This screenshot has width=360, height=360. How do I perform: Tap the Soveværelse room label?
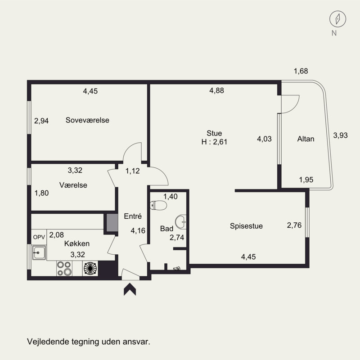[x=87, y=120]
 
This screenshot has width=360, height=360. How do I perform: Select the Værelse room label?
[x=73, y=185]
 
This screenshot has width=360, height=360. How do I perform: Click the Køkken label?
[x=77, y=243]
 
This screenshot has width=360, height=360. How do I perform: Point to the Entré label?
[x=132, y=216]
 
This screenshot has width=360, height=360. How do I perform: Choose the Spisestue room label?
[x=246, y=226]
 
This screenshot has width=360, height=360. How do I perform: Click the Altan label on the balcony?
[x=306, y=139]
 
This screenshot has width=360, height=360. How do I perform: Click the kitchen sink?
[x=39, y=253]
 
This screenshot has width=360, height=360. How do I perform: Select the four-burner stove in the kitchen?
[x=63, y=268]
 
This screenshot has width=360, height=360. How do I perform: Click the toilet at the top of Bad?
[x=160, y=206]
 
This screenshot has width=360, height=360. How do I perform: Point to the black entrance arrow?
[x=130, y=290]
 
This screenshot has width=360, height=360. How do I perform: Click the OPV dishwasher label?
[x=39, y=237]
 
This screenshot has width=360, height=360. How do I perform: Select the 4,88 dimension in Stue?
[x=216, y=90]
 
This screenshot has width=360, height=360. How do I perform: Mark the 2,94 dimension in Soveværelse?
[x=41, y=121]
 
